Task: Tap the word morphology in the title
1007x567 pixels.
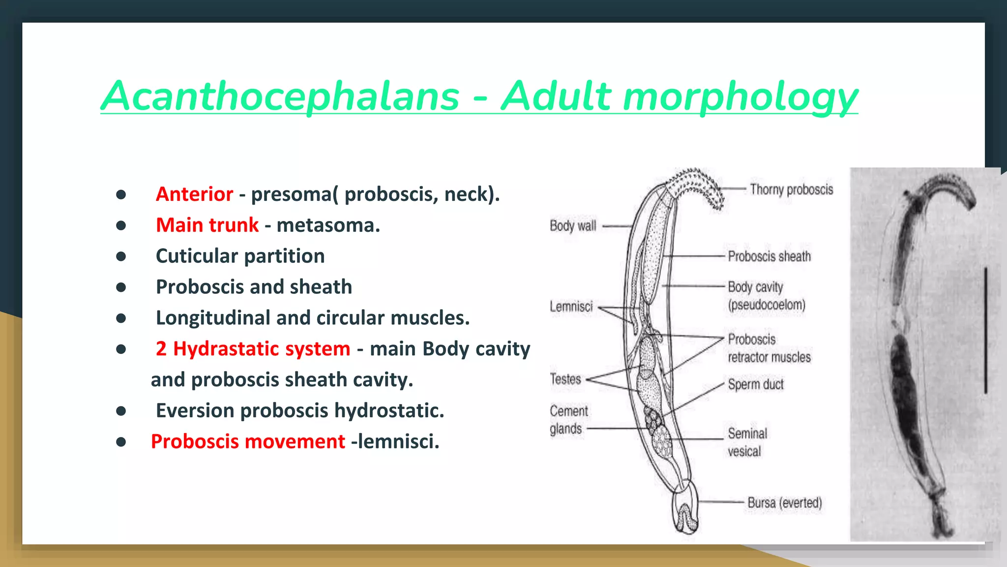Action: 740,97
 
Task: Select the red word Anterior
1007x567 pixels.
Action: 194,194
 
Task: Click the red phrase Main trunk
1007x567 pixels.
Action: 207,225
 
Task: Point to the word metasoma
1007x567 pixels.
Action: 328,225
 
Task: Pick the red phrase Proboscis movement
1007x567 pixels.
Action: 248,441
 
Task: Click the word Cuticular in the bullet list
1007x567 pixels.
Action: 197,256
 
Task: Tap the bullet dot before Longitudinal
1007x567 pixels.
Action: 121,318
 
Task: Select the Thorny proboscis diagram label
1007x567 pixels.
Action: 791,189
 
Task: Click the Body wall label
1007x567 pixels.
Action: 573,226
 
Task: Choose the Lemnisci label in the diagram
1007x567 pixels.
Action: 571,307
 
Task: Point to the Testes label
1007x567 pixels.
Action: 565,379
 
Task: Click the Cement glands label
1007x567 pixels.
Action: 568,420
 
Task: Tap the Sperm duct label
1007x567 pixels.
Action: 756,384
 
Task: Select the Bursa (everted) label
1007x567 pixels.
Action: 784,503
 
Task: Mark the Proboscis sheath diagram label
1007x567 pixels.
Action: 769,256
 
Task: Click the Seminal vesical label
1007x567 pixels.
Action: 747,442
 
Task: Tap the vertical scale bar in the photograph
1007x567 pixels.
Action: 985,330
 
